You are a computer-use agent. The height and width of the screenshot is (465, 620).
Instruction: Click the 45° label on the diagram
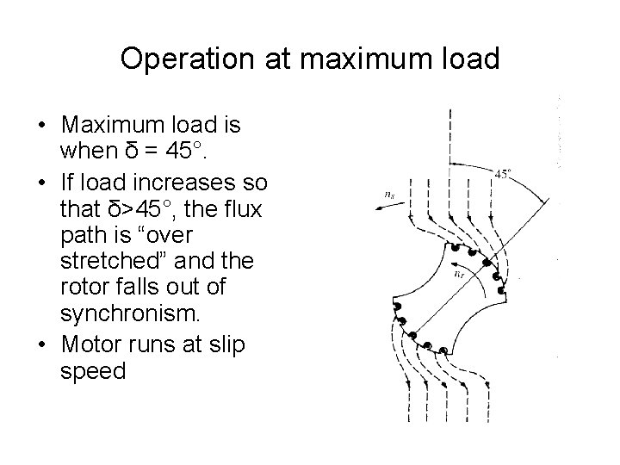pyautogui.click(x=505, y=174)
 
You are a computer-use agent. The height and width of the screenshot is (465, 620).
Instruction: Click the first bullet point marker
pyautogui.click(x=41, y=127)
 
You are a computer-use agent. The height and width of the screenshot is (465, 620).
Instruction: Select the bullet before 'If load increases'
pyautogui.click(x=41, y=183)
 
